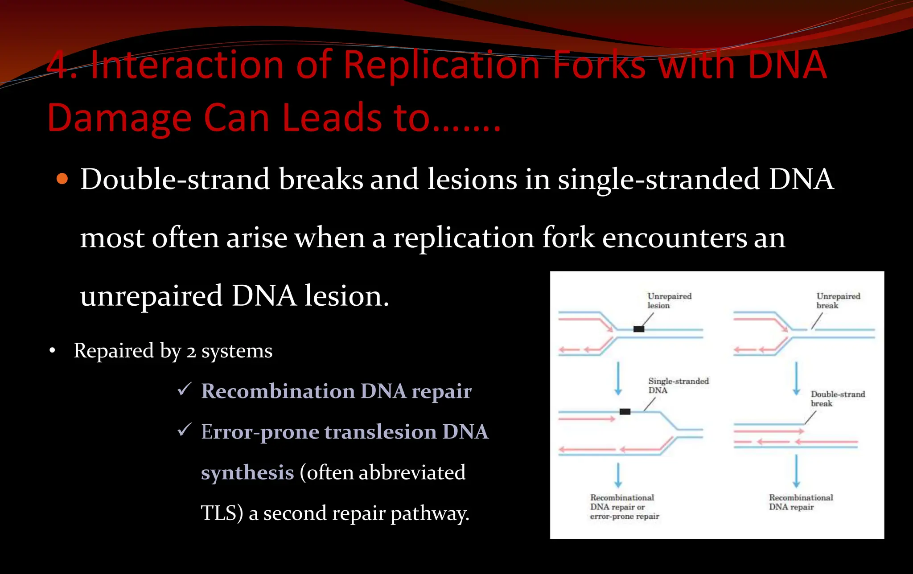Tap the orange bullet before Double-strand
pos(62,180)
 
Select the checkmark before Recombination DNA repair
pos(184,389)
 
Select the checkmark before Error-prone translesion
pos(184,430)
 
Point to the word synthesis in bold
pos(247,473)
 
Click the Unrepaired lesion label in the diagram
pos(669,301)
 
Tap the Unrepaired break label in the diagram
pos(838,301)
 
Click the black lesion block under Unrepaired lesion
pos(639,329)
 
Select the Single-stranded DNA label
pos(678,385)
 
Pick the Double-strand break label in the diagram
pos(837,398)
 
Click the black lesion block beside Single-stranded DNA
pos(625,411)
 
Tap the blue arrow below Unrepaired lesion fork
pos(618,379)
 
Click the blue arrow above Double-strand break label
pos(796,379)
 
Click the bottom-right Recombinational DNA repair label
pos(801,502)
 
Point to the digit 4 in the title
pos(57,66)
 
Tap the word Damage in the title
pos(119,118)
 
